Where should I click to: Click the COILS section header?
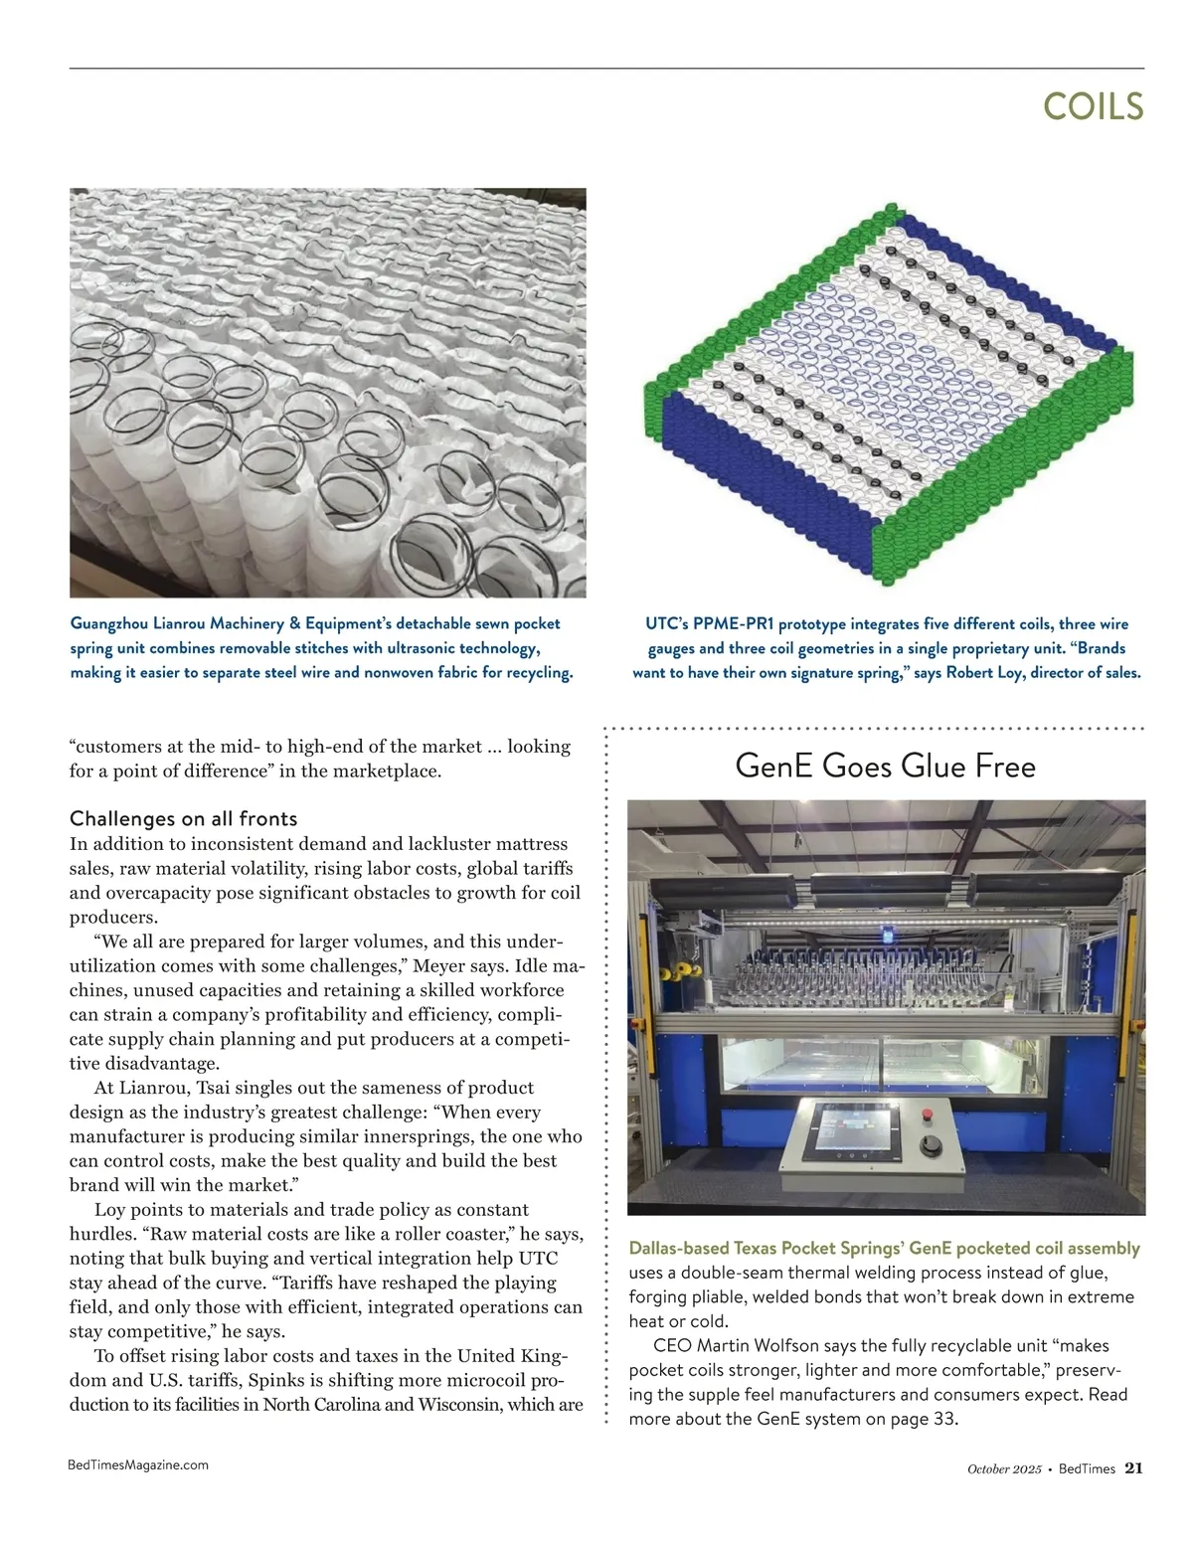click(1093, 106)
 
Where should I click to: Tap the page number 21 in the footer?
click(1134, 1467)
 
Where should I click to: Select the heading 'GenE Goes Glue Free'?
click(885, 767)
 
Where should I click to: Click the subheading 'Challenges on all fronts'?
click(183, 818)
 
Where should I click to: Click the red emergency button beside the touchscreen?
click(930, 1111)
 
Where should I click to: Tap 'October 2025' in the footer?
click(1004, 1468)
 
